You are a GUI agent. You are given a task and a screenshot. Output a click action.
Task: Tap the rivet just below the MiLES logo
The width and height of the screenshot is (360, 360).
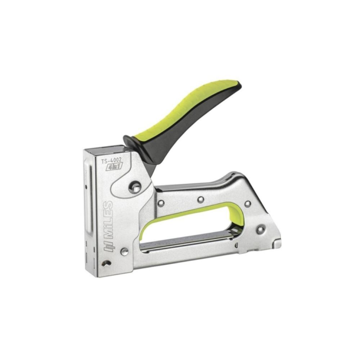[125, 251]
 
